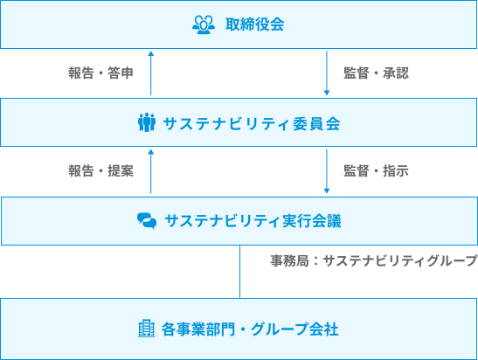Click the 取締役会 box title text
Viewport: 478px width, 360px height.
coord(255,24)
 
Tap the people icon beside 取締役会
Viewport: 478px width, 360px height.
coord(204,24)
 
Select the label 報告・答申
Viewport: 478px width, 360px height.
coord(100,73)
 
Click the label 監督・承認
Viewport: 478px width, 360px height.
coord(376,73)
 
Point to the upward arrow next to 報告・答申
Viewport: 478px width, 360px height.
coord(150,73)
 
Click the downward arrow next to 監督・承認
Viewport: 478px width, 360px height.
coord(327,73)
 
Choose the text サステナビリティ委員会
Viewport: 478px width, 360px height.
coord(252,123)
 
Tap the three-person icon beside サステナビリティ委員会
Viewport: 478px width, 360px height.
coord(147,122)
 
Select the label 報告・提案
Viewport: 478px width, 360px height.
coord(100,170)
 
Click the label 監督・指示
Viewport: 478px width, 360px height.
coord(376,170)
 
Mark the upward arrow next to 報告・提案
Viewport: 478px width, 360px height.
coord(150,171)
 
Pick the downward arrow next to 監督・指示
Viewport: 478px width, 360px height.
coord(327,171)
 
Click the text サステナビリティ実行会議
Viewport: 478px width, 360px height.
coord(253,221)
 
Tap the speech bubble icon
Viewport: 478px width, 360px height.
coord(147,221)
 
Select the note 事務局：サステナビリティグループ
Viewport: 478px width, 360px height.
coord(374,261)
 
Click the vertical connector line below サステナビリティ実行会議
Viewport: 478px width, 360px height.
coord(240,272)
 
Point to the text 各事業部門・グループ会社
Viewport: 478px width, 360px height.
coord(250,329)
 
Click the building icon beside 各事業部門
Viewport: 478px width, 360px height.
coord(147,329)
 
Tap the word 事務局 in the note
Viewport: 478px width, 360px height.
coord(289,261)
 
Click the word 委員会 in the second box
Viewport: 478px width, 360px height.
coord(316,123)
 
